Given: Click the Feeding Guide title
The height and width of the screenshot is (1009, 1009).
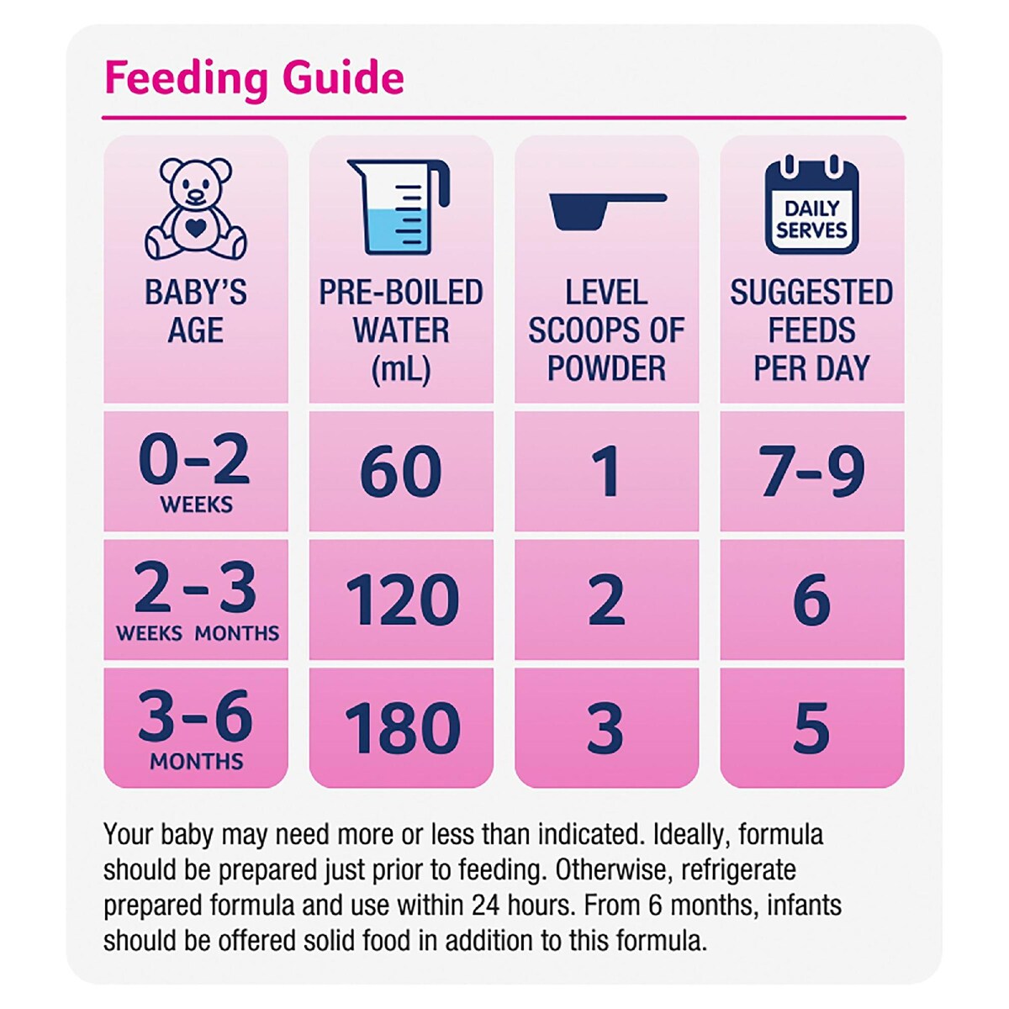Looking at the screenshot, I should tap(254, 78).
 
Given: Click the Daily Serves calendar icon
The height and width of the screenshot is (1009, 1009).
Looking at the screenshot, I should tap(811, 206).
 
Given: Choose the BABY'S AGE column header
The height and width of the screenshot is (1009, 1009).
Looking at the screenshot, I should tap(196, 311).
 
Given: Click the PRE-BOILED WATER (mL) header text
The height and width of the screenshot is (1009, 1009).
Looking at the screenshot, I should tap(401, 330).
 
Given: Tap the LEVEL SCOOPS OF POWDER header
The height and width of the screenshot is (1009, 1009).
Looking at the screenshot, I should tap(606, 330).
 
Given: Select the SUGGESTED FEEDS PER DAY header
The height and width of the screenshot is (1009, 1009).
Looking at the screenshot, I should tap(811, 330).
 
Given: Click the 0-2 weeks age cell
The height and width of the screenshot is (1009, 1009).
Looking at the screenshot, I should tap(195, 471).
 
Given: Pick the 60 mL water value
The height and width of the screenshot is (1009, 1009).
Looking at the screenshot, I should tap(401, 472).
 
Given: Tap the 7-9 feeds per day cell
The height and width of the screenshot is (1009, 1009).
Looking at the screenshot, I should tap(811, 472).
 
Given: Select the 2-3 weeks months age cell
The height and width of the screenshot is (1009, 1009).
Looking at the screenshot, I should tap(196, 600).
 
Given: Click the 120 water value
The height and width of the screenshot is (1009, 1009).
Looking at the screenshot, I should tap(402, 600).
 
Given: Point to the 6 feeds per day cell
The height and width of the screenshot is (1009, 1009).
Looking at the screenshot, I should tap(811, 600).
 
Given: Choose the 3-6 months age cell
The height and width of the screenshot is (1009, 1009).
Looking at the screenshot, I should tap(196, 728).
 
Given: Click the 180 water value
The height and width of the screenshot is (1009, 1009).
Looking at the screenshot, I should tap(402, 728).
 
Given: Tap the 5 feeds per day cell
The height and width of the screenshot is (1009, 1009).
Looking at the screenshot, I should tap(811, 728).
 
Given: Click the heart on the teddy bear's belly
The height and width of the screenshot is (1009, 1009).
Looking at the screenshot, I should tap(195, 226).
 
